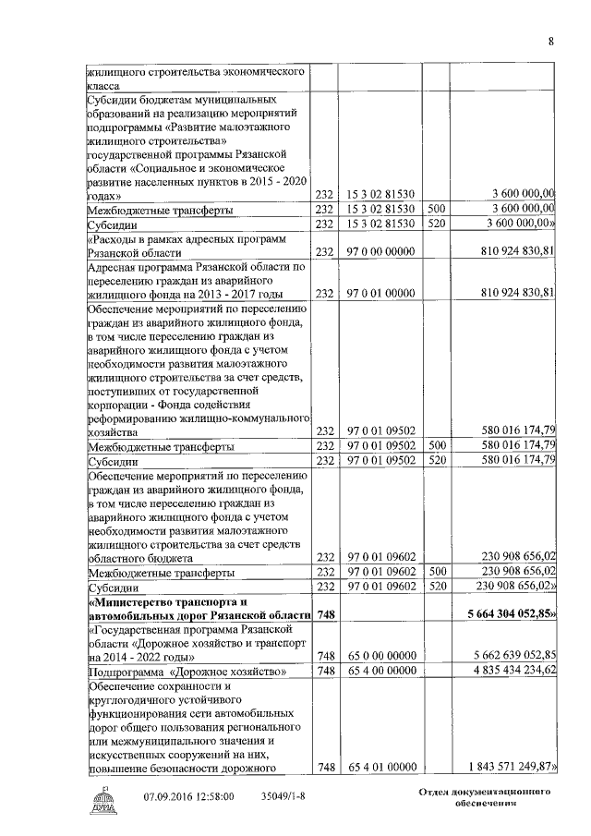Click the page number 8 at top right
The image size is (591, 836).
coord(550,41)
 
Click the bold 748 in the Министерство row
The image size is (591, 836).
coord(324,614)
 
